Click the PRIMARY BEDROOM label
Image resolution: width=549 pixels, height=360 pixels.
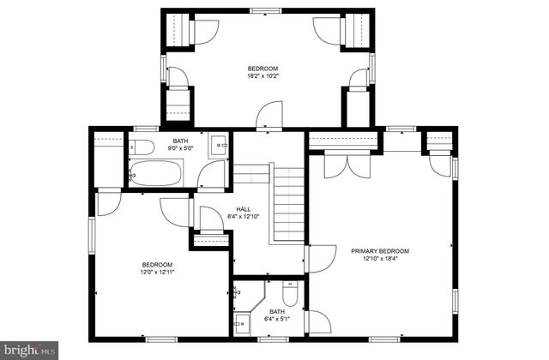point(380,250)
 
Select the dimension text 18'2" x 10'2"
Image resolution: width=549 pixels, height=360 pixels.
point(263,75)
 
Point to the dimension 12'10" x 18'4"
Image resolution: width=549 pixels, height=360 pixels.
point(380,258)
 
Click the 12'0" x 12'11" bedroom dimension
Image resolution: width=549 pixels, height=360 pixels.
point(157,272)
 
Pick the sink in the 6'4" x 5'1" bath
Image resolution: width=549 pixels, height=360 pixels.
point(242,324)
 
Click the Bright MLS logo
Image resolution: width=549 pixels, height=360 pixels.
point(29,349)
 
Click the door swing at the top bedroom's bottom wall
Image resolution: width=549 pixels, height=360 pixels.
point(271,116)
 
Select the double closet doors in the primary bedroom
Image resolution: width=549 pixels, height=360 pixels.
point(341,164)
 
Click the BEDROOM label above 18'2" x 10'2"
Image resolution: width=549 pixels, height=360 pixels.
point(263,68)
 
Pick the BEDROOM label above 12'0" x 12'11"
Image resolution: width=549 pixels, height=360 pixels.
point(157,264)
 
